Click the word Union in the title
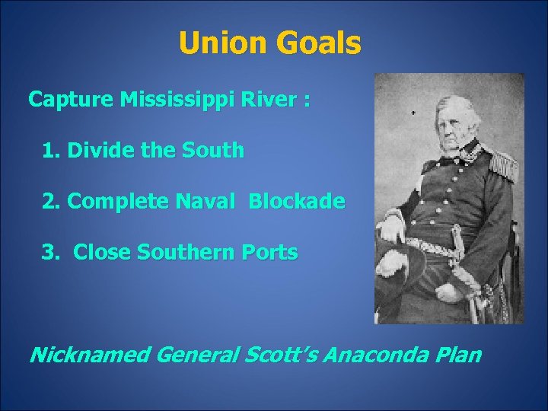point(221,44)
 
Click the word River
point(274,100)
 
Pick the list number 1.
point(50,151)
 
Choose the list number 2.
point(49,202)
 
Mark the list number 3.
point(49,252)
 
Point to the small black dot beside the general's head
point(413,112)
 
